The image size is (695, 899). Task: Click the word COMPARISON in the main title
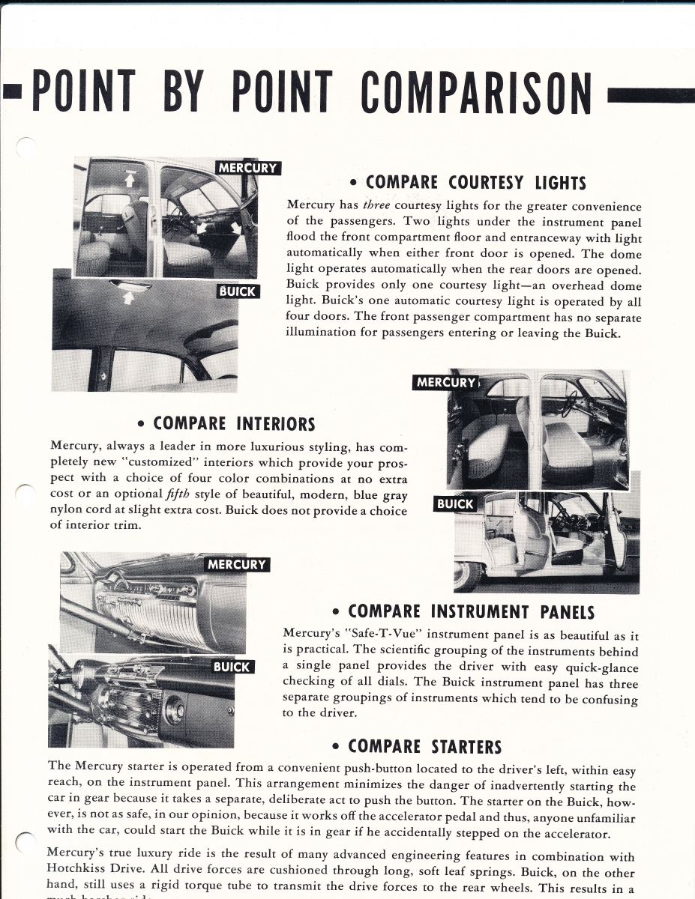476,94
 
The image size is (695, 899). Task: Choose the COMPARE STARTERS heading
416,746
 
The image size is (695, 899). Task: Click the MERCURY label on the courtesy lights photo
247,168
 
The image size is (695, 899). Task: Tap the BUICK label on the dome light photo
238,291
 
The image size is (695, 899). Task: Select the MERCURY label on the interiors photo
446,383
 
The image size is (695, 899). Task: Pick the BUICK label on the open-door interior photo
455,504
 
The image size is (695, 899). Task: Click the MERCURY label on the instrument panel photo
236,564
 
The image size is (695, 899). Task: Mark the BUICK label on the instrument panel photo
232,667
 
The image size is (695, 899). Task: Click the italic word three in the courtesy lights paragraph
376,206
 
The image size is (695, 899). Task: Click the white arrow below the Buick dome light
128,298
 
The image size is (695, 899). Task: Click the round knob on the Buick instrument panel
175,709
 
